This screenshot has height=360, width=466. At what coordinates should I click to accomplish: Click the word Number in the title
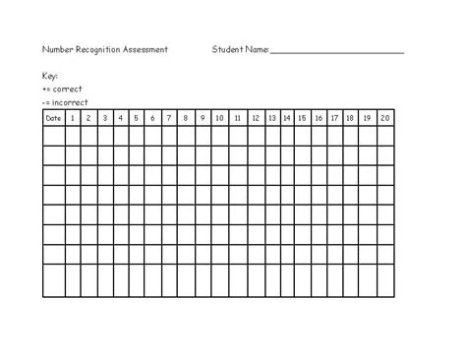[x=58, y=49]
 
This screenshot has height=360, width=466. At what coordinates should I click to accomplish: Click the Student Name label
[x=240, y=49]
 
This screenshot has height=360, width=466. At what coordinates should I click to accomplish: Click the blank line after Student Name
[x=336, y=50]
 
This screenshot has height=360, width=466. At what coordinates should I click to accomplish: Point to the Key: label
[x=50, y=76]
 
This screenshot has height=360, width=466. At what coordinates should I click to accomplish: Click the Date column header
[x=53, y=118]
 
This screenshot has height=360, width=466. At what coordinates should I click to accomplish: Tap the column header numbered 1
[x=72, y=118]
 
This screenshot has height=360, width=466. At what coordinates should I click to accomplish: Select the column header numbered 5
[x=137, y=118]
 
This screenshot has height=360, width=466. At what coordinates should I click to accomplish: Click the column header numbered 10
[x=219, y=118]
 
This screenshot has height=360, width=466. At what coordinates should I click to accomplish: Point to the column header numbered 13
[x=271, y=118]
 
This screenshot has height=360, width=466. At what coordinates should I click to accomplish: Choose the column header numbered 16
[x=319, y=118]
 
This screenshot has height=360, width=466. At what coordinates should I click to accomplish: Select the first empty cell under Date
[x=53, y=136]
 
